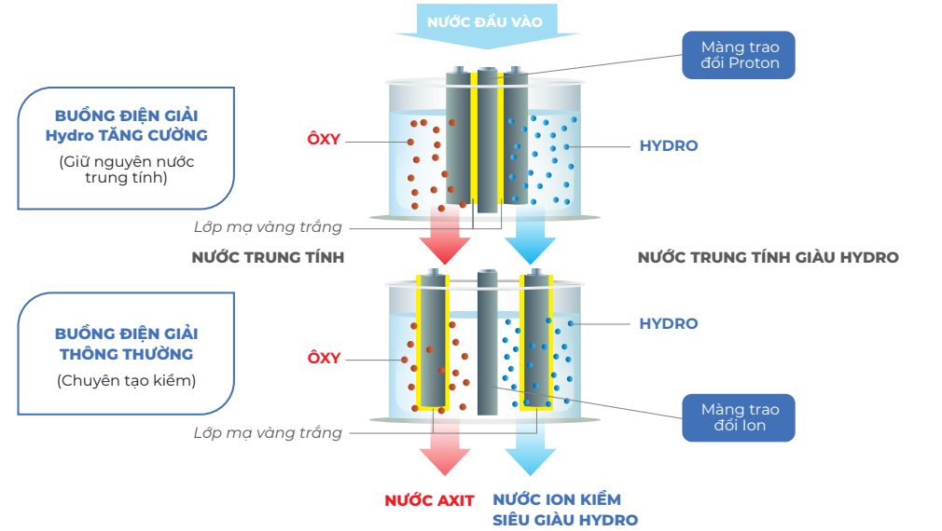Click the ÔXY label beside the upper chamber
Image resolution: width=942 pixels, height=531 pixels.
click(x=324, y=140)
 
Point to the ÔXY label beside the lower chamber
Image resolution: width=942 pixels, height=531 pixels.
click(x=324, y=358)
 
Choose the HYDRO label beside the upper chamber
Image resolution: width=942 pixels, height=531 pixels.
click(x=668, y=146)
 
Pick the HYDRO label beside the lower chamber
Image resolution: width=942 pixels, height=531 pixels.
click(x=668, y=323)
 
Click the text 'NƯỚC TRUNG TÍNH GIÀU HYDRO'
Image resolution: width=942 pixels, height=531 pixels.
click(x=768, y=257)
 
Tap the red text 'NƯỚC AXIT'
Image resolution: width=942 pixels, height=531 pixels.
click(x=429, y=500)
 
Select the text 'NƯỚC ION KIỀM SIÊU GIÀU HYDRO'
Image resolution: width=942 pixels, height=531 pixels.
click(x=565, y=511)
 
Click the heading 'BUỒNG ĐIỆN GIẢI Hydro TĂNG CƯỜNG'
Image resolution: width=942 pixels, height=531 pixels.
click(x=127, y=126)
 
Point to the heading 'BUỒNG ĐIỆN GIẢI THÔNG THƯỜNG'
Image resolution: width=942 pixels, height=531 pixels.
click(x=127, y=344)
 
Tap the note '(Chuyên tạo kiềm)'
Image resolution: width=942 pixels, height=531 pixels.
click(x=127, y=380)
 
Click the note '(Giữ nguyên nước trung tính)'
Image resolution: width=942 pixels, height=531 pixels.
click(x=127, y=170)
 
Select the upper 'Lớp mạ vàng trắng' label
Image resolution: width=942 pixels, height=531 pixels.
click(x=268, y=227)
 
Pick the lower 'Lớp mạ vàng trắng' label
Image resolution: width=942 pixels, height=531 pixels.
click(x=268, y=432)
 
